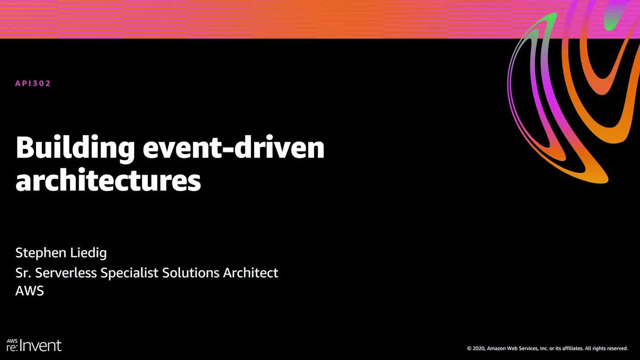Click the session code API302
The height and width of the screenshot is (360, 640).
point(33,83)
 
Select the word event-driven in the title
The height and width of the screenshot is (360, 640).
point(233,147)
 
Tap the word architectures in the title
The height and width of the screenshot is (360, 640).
point(108,180)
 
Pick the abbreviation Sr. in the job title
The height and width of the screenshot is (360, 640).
point(22,273)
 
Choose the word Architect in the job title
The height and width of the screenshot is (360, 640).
point(250,273)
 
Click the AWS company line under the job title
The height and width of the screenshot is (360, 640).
point(29,291)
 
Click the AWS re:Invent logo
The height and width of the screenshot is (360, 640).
point(34,345)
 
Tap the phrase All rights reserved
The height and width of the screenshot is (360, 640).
point(606,348)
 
